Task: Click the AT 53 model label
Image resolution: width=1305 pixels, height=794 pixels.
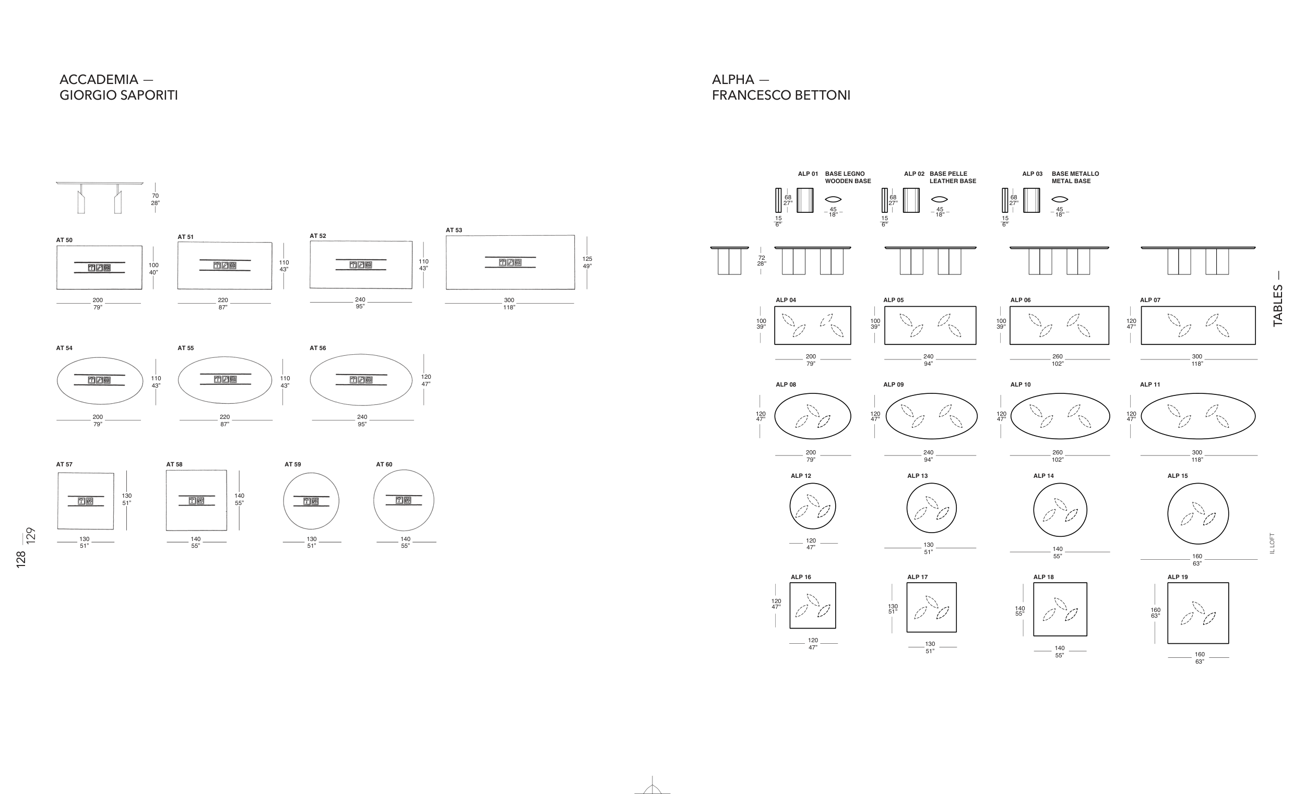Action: pyautogui.click(x=454, y=230)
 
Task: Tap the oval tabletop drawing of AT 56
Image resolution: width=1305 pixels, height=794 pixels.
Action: pyautogui.click(x=361, y=380)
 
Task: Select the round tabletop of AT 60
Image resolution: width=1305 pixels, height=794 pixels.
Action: pyautogui.click(x=404, y=500)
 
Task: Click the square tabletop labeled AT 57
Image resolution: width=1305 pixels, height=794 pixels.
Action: pyautogui.click(x=86, y=501)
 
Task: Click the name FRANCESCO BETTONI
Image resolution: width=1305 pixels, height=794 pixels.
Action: pyautogui.click(x=781, y=95)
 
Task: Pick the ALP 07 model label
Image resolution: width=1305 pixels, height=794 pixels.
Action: pyautogui.click(x=1150, y=300)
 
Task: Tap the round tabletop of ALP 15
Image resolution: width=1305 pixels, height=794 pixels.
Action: pyautogui.click(x=1198, y=513)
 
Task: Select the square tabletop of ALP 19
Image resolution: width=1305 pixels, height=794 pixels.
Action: pyautogui.click(x=1198, y=613)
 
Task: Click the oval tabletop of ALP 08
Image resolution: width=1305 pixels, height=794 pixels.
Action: pyautogui.click(x=812, y=416)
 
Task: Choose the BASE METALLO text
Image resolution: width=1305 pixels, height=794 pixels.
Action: pyautogui.click(x=1075, y=174)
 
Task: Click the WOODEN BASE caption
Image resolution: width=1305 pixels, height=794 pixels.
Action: pyautogui.click(x=848, y=181)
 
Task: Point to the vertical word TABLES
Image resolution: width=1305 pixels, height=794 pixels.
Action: pyautogui.click(x=1278, y=305)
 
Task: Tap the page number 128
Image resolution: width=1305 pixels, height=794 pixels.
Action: pyautogui.click(x=21, y=560)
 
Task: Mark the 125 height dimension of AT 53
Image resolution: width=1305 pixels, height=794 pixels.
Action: pyautogui.click(x=587, y=259)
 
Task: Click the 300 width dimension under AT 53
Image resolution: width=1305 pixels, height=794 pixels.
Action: pyautogui.click(x=509, y=300)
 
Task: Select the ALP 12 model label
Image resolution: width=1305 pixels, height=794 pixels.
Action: pyautogui.click(x=801, y=476)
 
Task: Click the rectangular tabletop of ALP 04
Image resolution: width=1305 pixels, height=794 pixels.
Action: pyautogui.click(x=812, y=326)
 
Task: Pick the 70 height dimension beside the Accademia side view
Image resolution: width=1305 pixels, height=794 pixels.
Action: pyautogui.click(x=155, y=196)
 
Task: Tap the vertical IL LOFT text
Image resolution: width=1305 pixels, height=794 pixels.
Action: pyautogui.click(x=1272, y=543)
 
